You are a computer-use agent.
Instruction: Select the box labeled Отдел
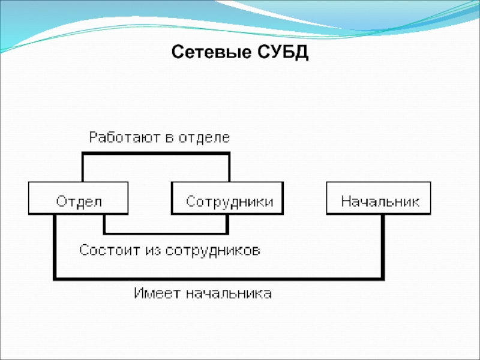coord(78,199)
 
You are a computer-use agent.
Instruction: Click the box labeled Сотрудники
coord(229,199)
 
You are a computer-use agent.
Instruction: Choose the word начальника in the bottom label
coord(227,294)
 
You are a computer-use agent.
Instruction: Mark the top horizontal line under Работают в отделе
coord(156,154)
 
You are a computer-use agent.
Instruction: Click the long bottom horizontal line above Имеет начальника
coord(219,278)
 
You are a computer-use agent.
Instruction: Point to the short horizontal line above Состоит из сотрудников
coord(166,232)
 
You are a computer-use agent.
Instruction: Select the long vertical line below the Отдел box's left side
coord(55,246)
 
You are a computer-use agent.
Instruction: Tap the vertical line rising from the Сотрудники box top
coord(228,168)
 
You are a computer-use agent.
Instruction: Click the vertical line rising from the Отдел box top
coord(83,168)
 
